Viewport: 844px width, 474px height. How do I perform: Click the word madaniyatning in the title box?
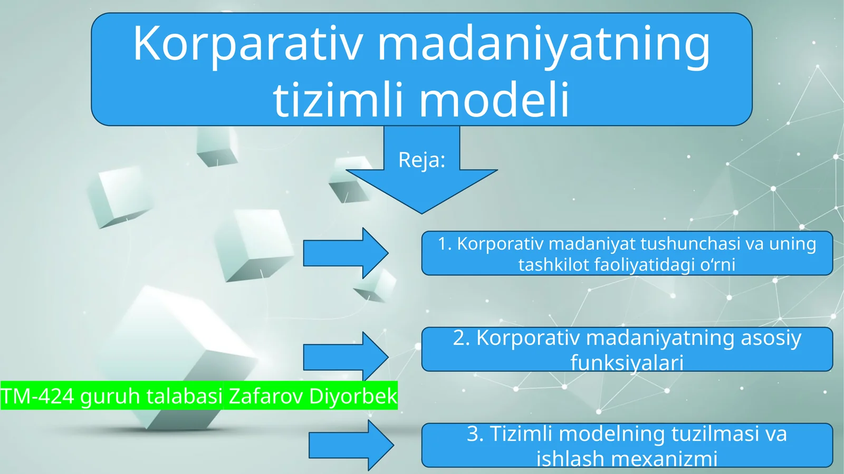tap(543, 45)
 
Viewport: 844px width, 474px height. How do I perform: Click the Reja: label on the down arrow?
tap(421, 160)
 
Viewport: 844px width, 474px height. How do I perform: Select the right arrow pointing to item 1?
tap(346, 253)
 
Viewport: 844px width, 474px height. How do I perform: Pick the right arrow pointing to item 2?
tap(346, 357)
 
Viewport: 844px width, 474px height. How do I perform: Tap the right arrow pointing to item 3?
tap(351, 445)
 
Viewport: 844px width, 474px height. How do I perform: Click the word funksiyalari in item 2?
tap(627, 363)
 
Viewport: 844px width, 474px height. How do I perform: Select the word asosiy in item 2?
tap(771, 338)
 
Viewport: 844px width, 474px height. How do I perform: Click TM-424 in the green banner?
tap(37, 396)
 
